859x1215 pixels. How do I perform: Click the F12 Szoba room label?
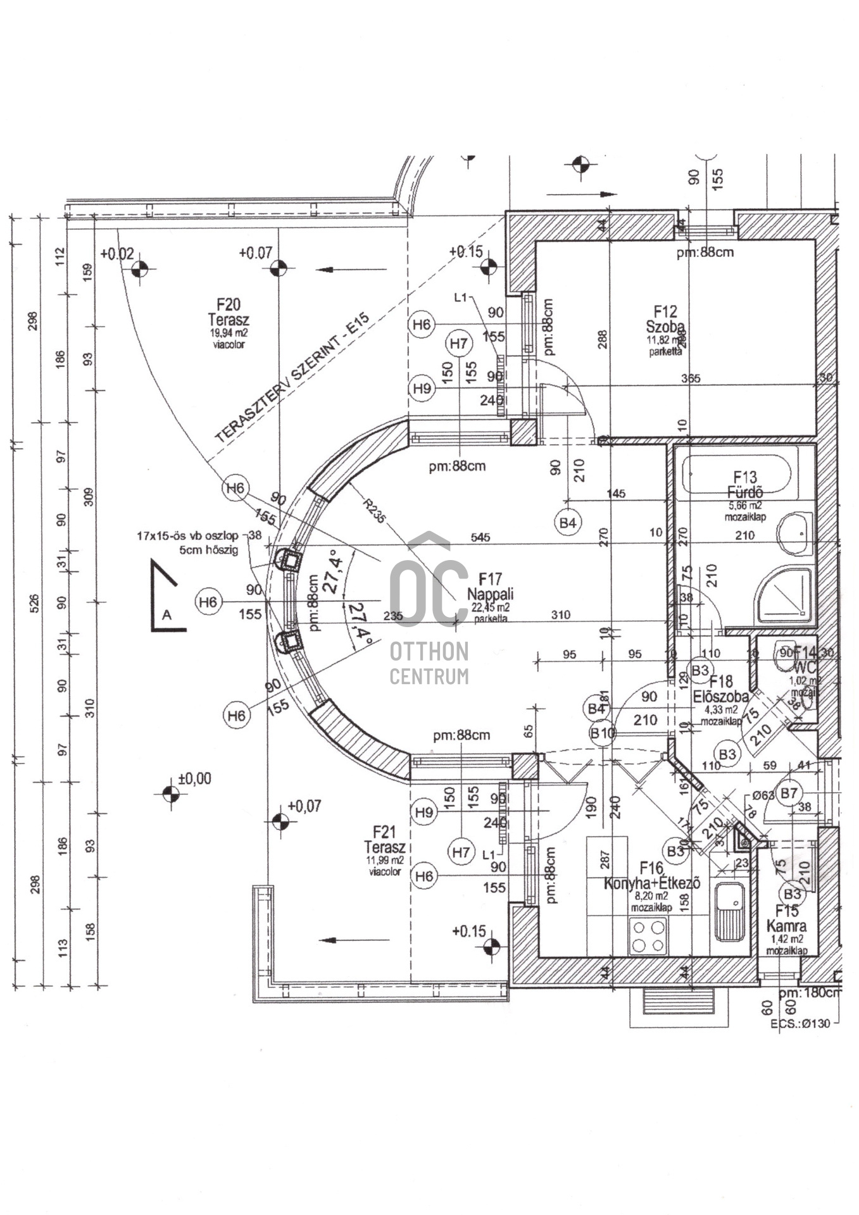tap(665, 320)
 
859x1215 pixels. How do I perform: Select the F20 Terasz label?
tap(229, 313)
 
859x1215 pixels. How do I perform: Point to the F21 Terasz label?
tap(384, 839)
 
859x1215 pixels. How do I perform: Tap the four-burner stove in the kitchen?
tap(649, 937)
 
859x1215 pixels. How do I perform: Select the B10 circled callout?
tap(602, 733)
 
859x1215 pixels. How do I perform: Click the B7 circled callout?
tap(789, 793)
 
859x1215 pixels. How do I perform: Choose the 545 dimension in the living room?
tap(480, 537)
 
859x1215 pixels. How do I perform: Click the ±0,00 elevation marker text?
tap(194, 778)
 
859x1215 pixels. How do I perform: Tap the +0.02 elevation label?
tap(117, 254)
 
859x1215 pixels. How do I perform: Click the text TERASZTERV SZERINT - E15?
tap(292, 379)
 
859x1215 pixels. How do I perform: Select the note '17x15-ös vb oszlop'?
tap(187, 535)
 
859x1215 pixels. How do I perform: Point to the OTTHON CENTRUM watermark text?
tap(429, 663)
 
